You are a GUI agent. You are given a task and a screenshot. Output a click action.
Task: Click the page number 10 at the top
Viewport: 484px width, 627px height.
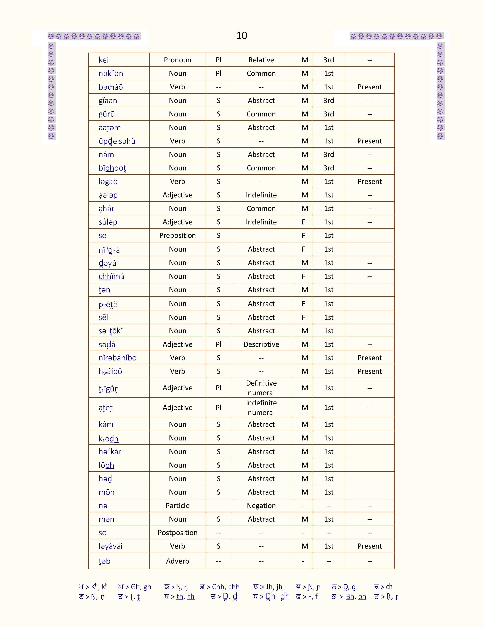click(x=241, y=36)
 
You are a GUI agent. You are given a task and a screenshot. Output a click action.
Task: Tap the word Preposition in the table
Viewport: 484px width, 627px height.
click(x=177, y=235)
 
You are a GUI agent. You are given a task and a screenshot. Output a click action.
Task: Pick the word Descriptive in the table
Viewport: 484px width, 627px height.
click(x=261, y=344)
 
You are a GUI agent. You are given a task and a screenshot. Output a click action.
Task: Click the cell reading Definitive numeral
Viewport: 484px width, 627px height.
click(x=261, y=388)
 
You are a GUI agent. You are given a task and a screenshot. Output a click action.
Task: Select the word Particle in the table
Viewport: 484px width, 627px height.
click(x=177, y=506)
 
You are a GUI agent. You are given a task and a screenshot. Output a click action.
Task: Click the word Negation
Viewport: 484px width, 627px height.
click(x=261, y=506)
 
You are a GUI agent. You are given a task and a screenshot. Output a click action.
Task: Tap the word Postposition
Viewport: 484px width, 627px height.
click(x=177, y=533)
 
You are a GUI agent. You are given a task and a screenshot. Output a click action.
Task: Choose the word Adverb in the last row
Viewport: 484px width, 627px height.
click(x=177, y=561)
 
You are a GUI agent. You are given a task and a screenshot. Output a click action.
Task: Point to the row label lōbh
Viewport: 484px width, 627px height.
click(x=106, y=465)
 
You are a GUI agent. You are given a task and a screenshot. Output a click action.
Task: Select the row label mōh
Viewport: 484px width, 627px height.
click(x=106, y=492)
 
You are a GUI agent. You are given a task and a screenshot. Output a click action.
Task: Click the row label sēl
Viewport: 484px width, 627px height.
click(x=103, y=317)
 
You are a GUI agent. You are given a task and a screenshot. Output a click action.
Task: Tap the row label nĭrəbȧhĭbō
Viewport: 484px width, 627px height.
click(x=117, y=358)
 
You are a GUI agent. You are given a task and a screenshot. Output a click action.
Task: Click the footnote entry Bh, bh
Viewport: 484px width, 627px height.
click(x=356, y=597)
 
